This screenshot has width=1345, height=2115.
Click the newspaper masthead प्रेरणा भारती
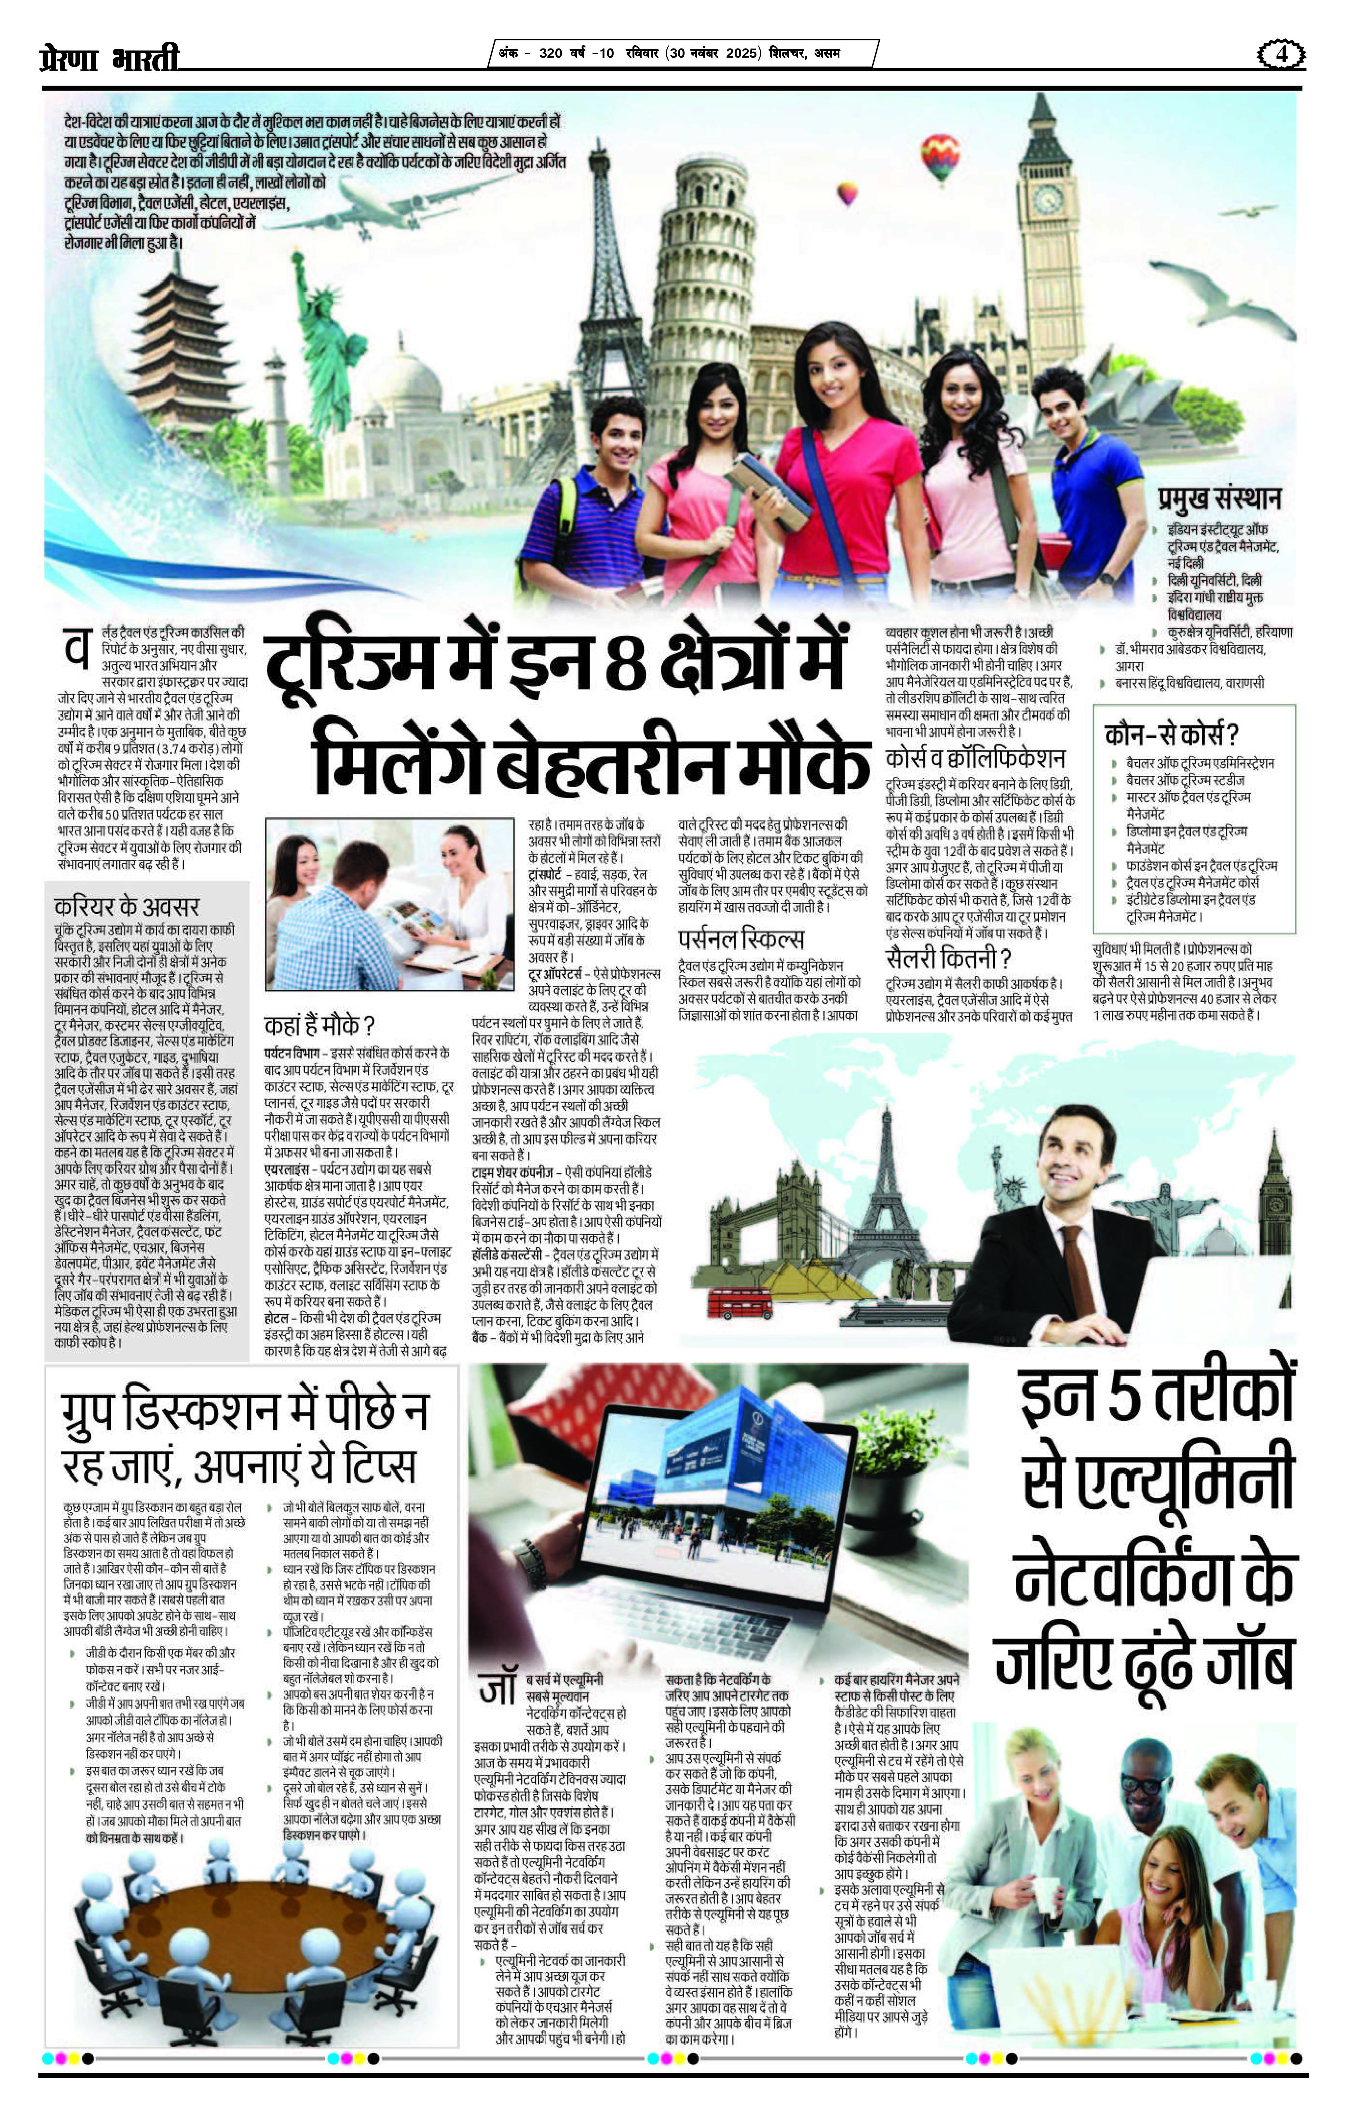coord(110,58)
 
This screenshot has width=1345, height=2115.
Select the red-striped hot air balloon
coord(939,155)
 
